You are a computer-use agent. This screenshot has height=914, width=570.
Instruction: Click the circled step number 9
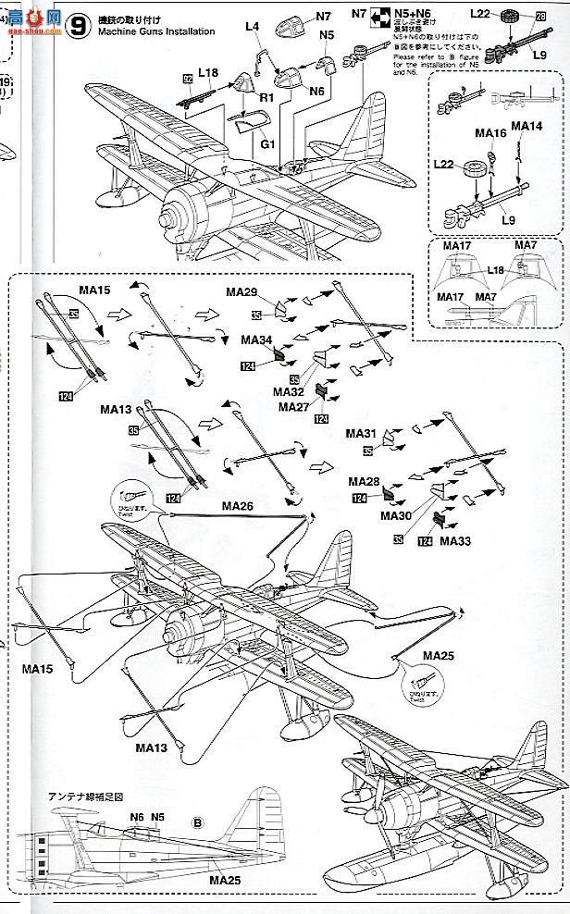coord(81,26)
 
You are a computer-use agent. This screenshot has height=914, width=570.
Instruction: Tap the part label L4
coord(252,29)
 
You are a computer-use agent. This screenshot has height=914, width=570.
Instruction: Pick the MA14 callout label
coord(525,126)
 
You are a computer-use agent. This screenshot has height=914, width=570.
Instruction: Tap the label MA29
coord(242,292)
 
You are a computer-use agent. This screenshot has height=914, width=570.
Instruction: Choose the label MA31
coord(360,434)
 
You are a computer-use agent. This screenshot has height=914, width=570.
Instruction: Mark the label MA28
coord(363,482)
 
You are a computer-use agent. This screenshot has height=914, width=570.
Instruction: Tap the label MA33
coord(456,540)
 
